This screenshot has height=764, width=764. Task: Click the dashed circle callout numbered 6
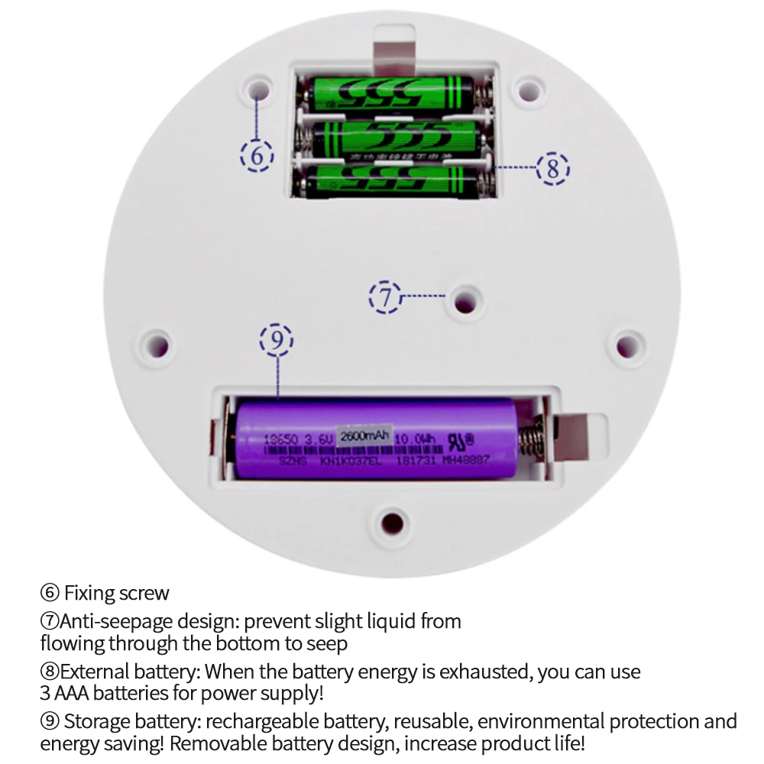pyautogui.click(x=257, y=155)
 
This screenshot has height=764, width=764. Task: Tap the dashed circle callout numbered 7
pyautogui.click(x=386, y=296)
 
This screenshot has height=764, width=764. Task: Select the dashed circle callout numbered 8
pyautogui.click(x=553, y=167)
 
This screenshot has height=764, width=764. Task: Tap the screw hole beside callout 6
pyautogui.click(x=259, y=89)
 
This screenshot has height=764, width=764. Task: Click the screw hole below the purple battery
pyautogui.click(x=392, y=523)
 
